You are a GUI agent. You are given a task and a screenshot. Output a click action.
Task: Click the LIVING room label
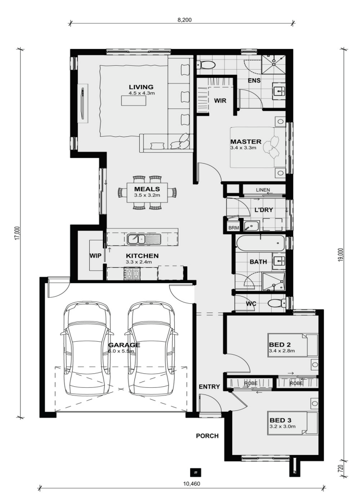(x=141, y=87)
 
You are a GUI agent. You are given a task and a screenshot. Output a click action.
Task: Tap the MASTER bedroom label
(x=246, y=142)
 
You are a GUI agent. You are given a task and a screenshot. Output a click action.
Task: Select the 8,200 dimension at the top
(x=184, y=20)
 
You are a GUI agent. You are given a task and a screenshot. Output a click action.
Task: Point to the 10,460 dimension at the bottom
(x=192, y=484)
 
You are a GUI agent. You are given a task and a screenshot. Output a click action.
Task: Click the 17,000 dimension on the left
(x=18, y=233)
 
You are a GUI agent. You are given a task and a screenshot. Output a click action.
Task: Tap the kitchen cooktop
(x=132, y=273)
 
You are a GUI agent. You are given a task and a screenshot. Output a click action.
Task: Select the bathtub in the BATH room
(x=260, y=243)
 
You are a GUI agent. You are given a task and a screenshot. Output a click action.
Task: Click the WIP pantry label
(x=96, y=256)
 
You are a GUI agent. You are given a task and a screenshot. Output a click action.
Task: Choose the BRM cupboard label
(x=233, y=228)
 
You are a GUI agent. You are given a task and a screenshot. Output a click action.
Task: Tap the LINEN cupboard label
(x=263, y=190)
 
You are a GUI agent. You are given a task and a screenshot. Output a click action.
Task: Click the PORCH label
(x=207, y=436)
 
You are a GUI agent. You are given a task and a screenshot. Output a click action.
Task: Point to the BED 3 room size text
(x=283, y=426)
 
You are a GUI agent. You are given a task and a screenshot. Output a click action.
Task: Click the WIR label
(x=220, y=100)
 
